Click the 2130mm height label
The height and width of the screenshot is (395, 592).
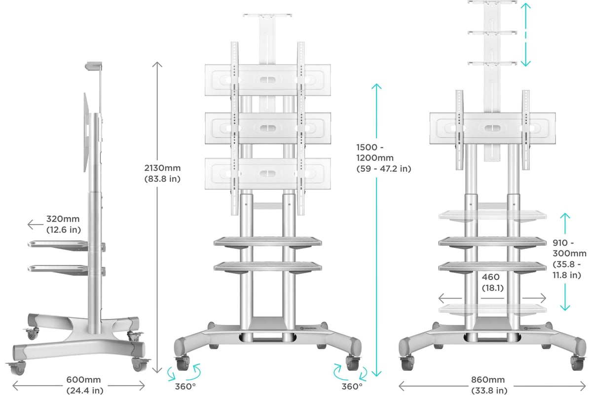[x=162, y=173]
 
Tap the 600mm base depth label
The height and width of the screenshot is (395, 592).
[x=84, y=385]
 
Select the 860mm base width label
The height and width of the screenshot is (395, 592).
[x=489, y=385]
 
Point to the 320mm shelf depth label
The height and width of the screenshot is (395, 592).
[x=64, y=224]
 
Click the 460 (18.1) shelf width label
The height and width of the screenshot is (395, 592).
[x=492, y=282]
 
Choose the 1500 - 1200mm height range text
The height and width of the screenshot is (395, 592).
[x=383, y=158]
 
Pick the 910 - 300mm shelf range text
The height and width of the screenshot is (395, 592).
[x=569, y=259]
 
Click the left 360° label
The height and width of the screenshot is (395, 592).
[x=185, y=387]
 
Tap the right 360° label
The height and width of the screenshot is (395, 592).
[x=352, y=387]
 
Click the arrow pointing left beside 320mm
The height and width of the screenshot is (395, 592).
[x=36, y=225]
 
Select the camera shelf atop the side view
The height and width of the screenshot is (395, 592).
[x=94, y=66]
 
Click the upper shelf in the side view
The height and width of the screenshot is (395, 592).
[x=58, y=244]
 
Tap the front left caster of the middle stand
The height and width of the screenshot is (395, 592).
[x=183, y=362]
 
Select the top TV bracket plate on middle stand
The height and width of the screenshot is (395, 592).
[x=268, y=80]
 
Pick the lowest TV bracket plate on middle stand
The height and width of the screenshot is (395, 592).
[x=268, y=174]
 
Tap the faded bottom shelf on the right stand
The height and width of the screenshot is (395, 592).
[x=492, y=309]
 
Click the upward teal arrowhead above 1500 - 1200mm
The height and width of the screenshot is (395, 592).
[x=376, y=87]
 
